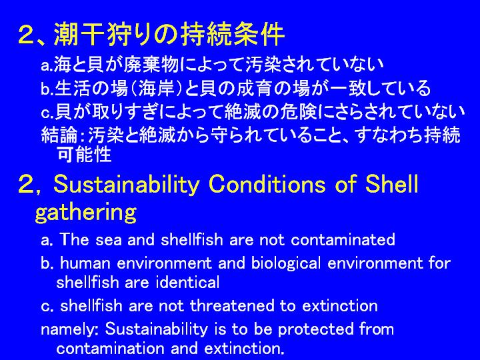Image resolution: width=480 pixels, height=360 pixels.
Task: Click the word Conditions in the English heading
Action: pos(266,184)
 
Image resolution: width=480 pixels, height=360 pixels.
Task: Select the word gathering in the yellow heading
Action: pos(86,213)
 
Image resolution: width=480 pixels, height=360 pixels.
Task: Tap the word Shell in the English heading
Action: pos(392,184)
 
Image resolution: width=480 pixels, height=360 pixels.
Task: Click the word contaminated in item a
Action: pos(343,239)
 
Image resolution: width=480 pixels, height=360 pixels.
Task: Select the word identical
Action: pos(188,282)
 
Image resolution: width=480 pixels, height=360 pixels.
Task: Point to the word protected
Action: pos(315,329)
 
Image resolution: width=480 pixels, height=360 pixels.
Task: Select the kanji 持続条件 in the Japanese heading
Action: pos(233,34)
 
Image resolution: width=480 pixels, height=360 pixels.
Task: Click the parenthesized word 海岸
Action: pos(156,89)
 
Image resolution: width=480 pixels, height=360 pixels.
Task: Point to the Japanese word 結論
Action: pos(59,135)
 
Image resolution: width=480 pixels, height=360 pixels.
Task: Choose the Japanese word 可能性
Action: pos(84,154)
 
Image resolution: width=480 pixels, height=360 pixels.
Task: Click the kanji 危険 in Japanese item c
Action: pos(300,111)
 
